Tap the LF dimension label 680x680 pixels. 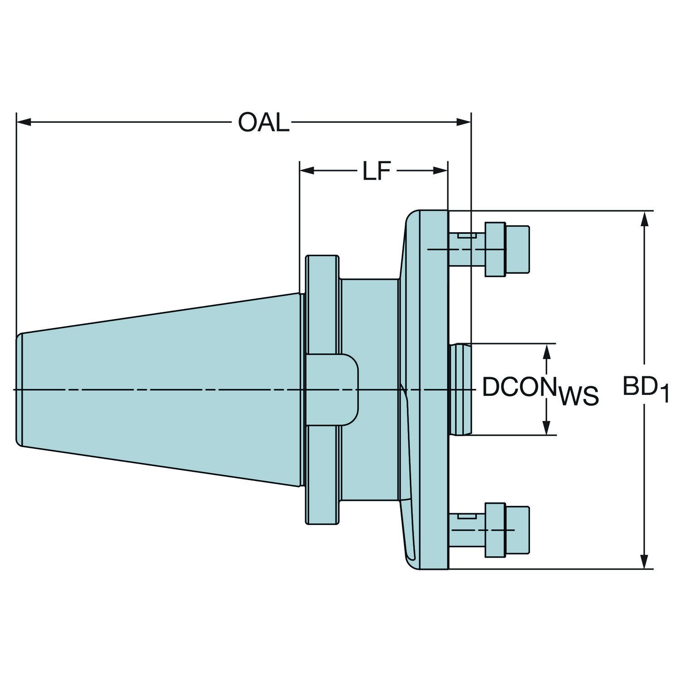point(376,171)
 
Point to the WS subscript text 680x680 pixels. point(579,396)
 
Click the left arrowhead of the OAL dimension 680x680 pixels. point(24,122)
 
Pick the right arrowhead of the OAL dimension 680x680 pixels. point(464,122)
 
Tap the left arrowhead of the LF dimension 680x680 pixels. point(307,171)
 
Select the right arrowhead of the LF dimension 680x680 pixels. point(440,171)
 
